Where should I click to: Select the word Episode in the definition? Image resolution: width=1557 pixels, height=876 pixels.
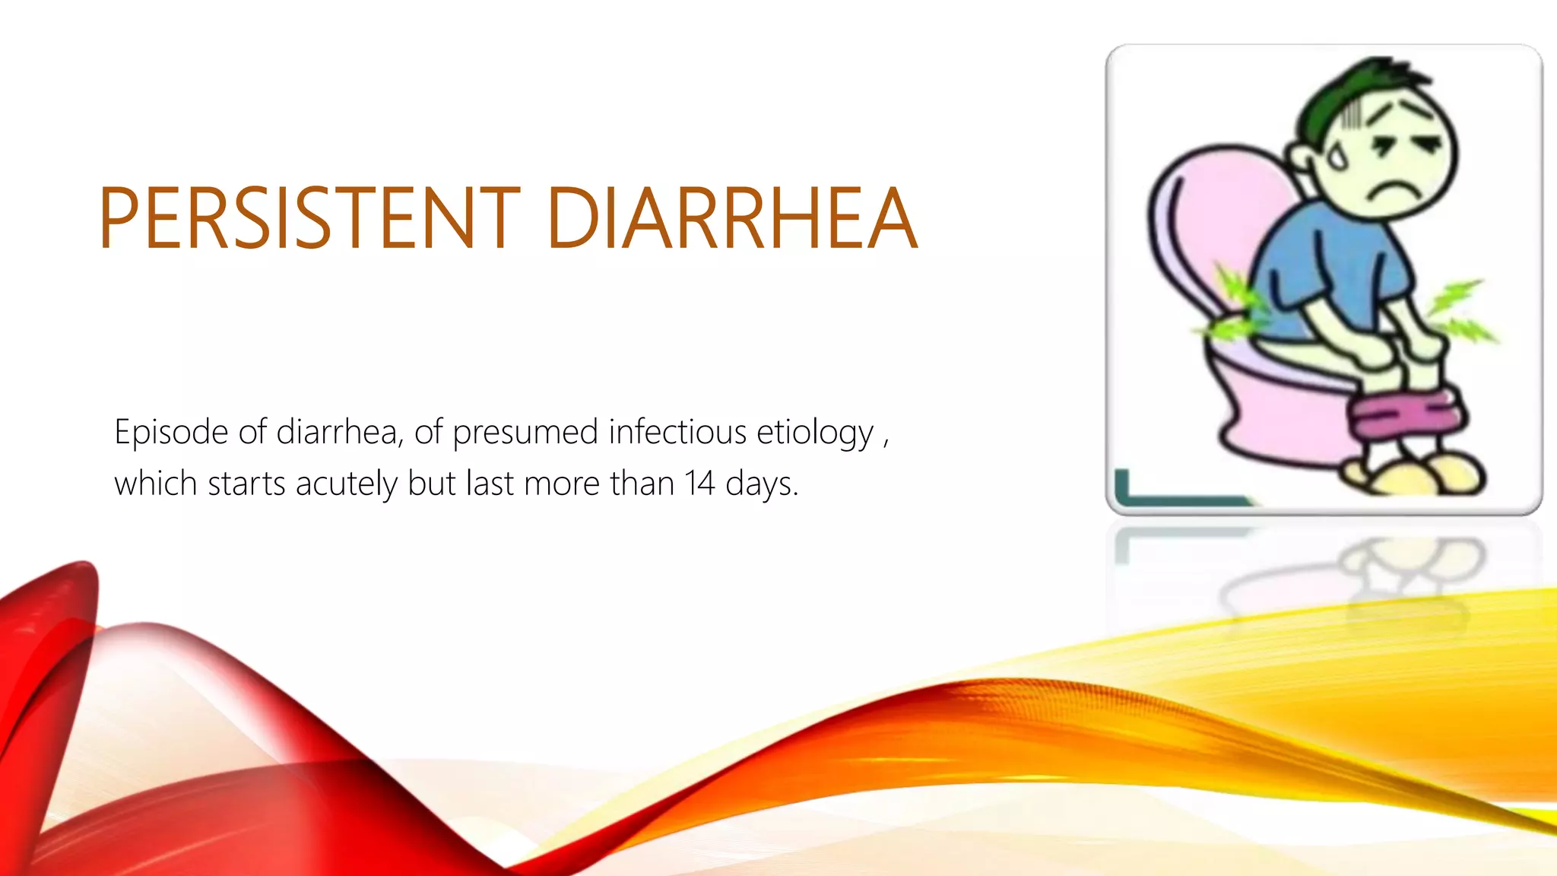[x=171, y=433]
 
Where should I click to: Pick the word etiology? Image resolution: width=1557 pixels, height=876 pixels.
[x=814, y=433]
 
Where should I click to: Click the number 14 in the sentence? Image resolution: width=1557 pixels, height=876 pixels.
[x=699, y=484]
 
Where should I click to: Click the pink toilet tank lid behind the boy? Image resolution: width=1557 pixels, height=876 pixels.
[x=1209, y=221]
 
